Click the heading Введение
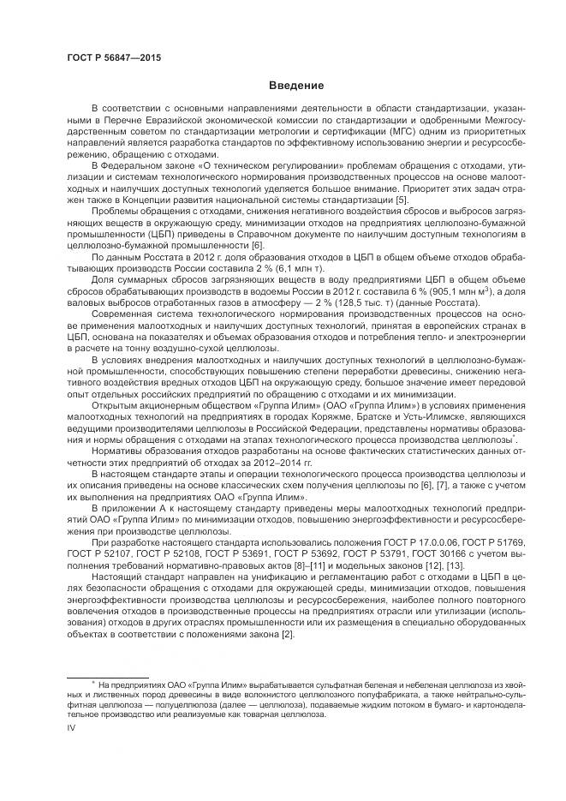click(x=295, y=86)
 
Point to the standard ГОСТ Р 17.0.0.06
click(x=381, y=542)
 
